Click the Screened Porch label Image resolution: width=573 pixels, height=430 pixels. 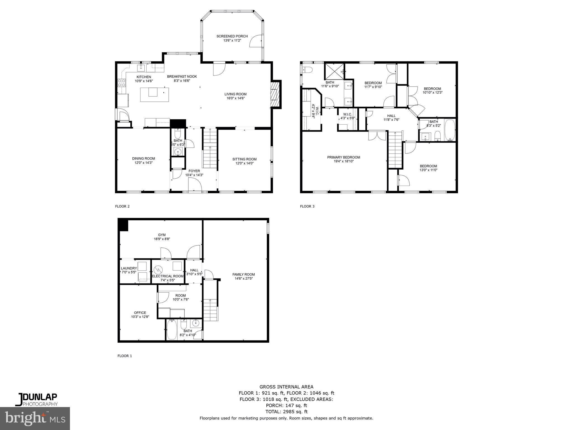click(232, 36)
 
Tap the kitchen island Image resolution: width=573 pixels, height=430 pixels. click(154, 94)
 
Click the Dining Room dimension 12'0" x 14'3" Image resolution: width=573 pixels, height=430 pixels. click(144, 163)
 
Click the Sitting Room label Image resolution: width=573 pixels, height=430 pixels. click(244, 159)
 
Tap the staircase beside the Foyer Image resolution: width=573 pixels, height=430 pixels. click(210, 148)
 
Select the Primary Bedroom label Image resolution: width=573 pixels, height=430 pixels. click(344, 157)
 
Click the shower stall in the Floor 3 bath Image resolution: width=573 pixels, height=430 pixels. click(334, 72)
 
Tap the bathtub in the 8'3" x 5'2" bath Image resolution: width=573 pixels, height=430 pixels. click(450, 130)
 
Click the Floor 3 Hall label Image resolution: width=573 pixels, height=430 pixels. click(391, 116)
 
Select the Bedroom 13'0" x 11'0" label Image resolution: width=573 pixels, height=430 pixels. click(428, 166)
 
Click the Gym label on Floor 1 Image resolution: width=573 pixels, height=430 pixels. click(162, 235)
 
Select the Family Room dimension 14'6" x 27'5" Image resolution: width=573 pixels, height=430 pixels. click(243, 279)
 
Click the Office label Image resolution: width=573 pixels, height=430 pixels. click(140, 313)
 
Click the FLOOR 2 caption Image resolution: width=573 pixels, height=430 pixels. click(122, 207)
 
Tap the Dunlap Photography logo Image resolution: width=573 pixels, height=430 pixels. click(36, 399)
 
